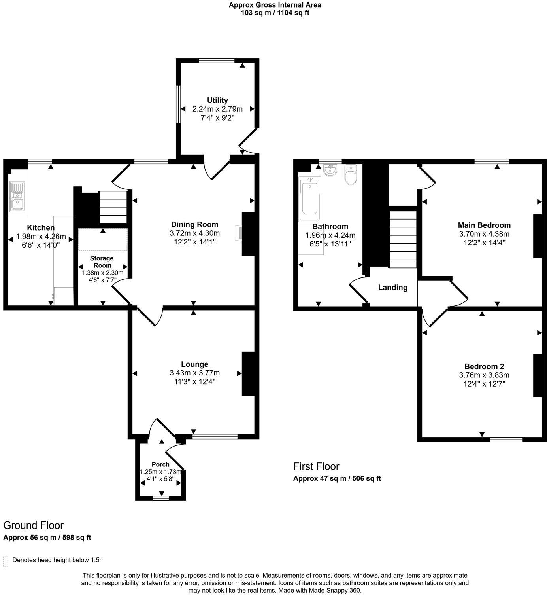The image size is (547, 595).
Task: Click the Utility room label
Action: [x=217, y=100]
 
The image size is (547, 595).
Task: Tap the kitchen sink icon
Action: [x=17, y=197]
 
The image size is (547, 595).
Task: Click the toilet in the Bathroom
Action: [x=351, y=174]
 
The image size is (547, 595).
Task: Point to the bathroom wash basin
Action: [x=330, y=171]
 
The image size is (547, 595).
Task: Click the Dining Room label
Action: [x=194, y=224]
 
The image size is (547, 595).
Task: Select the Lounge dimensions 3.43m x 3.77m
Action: [x=194, y=373]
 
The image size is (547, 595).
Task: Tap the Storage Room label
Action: [x=102, y=261]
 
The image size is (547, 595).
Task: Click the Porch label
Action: [x=160, y=464]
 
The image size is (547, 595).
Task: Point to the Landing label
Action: [x=392, y=288]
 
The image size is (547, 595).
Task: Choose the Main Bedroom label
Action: [x=484, y=225]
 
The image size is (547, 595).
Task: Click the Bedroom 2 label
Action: [x=484, y=366]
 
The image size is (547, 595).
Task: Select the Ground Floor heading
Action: [x=33, y=525]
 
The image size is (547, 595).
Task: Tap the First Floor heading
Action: [x=316, y=466]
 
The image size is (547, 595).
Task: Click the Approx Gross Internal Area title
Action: [x=275, y=5]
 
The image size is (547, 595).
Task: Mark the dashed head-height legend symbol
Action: [x=6, y=561]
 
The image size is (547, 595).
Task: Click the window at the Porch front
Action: [x=160, y=498]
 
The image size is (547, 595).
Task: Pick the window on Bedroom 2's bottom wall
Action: [x=506, y=439]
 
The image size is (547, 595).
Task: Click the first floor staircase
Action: [x=403, y=239]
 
